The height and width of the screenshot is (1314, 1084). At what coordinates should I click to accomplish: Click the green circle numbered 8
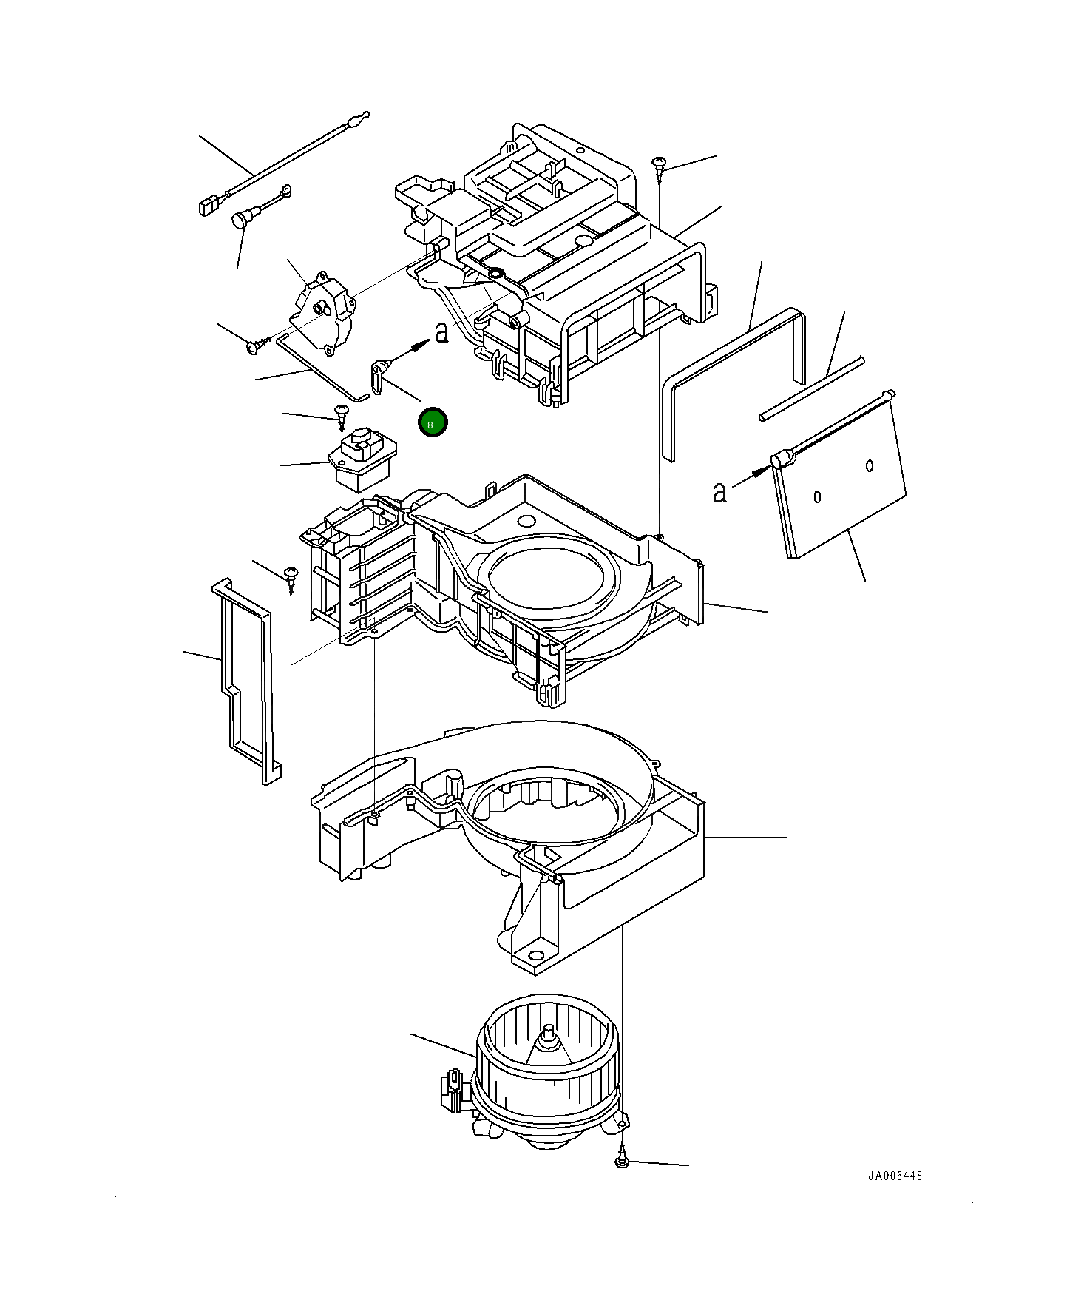(433, 422)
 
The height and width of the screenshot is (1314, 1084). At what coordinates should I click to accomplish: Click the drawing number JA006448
(895, 1176)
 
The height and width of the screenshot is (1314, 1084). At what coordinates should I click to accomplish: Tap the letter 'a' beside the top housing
(441, 333)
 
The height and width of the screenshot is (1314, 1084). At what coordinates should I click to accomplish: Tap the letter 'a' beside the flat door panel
(719, 491)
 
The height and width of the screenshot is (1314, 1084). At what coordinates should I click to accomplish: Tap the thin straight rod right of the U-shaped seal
(811, 389)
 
